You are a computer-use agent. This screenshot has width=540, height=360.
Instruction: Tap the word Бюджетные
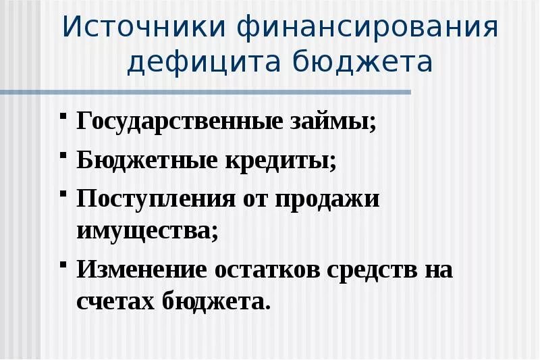(143, 162)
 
